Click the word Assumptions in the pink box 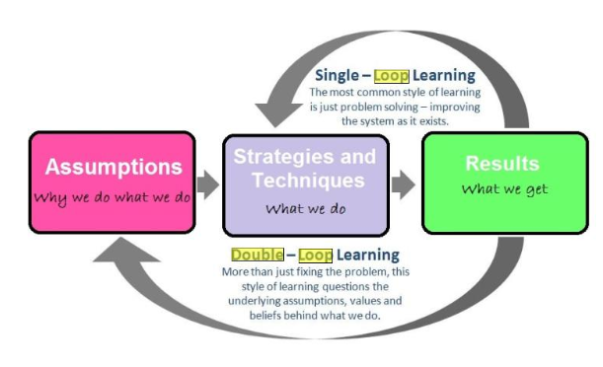click(113, 167)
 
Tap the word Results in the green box click(502, 164)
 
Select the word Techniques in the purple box click(309, 181)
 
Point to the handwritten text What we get click(504, 189)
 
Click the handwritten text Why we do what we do click(112, 198)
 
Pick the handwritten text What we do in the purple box click(306, 209)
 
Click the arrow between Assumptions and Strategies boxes click(208, 184)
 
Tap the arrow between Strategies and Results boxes click(404, 184)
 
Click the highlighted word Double click(258, 255)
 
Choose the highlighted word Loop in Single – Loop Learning click(392, 76)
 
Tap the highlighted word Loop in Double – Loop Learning click(316, 256)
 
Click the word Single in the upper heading click(337, 76)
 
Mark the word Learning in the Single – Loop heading click(444, 76)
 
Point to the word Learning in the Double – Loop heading click(368, 256)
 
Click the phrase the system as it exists click(395, 121)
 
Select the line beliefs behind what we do click(315, 316)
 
